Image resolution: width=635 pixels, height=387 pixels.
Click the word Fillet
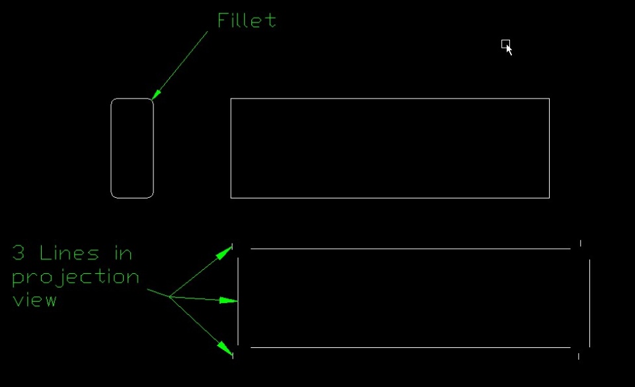tap(247, 21)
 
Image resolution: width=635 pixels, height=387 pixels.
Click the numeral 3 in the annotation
tap(19, 253)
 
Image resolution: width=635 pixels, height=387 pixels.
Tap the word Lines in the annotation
tap(69, 253)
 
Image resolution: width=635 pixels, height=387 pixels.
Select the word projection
tap(75, 277)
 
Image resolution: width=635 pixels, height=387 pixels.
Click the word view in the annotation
tap(34, 300)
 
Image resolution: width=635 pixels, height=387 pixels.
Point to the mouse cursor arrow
tap(508, 48)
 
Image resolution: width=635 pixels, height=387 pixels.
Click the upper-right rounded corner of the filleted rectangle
tap(150, 102)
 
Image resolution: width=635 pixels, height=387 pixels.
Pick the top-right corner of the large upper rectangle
tap(549, 99)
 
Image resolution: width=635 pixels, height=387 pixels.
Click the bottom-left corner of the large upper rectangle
tap(231, 197)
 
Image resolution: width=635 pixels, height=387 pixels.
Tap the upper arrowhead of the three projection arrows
tap(226, 250)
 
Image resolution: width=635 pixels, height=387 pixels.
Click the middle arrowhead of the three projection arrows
tap(229, 301)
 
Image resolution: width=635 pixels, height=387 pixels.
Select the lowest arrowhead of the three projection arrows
tap(226, 348)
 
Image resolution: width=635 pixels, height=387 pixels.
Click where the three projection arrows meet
tap(169, 296)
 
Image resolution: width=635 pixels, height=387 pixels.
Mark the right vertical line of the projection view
tap(589, 303)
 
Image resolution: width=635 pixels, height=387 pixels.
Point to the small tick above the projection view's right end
tap(580, 243)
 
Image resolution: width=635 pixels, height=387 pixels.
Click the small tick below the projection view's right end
tap(579, 356)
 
